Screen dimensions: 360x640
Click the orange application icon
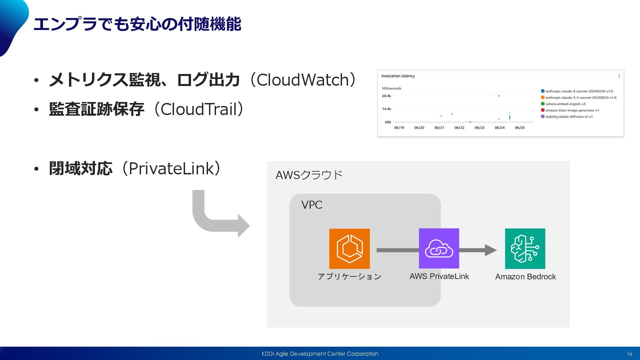[x=349, y=249]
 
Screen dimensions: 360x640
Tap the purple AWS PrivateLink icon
[x=439, y=248]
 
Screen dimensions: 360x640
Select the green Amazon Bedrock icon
[x=525, y=249]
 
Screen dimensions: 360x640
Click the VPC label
[x=312, y=205]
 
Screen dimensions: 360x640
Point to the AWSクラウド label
[x=309, y=175]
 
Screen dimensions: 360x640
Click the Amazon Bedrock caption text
[x=525, y=277]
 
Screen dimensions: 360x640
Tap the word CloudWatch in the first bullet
[x=303, y=80]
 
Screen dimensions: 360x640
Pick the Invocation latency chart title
[x=398, y=76]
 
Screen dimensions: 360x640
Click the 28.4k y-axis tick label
[x=386, y=96]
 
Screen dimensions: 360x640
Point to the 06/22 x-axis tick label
[x=459, y=128]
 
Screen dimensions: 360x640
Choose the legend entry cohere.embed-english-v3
[x=565, y=104]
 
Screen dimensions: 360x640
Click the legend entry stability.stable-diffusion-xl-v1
[x=569, y=117]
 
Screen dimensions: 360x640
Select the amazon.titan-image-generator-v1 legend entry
[x=572, y=110]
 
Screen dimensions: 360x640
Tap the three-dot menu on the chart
[x=619, y=76]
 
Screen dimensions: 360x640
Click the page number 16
[x=629, y=354]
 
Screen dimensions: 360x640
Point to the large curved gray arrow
[x=217, y=217]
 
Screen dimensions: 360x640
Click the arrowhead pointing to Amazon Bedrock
[x=490, y=250]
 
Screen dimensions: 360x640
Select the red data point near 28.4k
[x=499, y=96]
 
